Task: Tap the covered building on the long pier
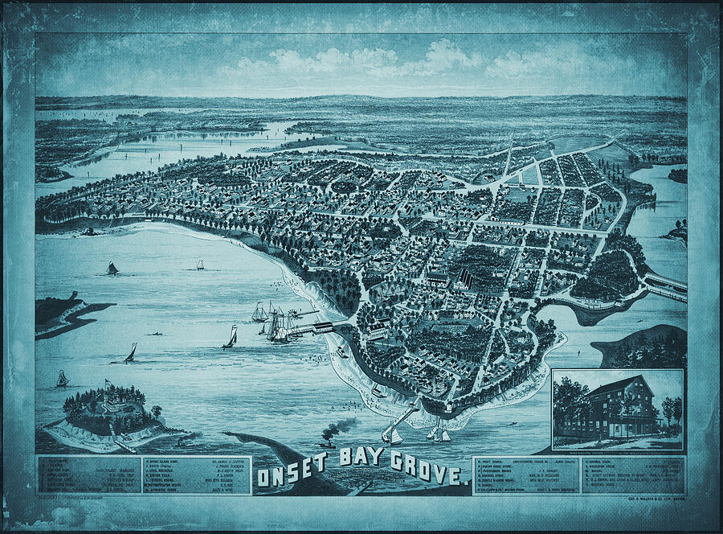(323, 327)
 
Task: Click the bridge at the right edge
(665, 284)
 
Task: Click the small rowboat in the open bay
(158, 332)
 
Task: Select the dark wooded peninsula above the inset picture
(643, 346)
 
